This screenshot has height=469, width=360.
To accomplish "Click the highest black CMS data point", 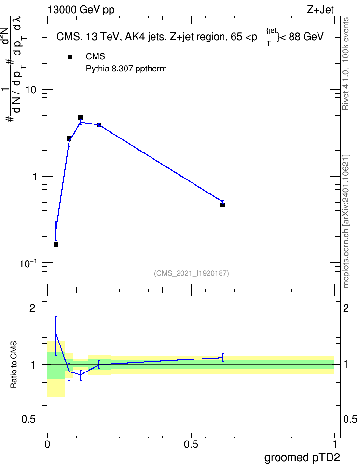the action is pos(81,117).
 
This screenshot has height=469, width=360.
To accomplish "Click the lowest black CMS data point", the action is pos(56,245).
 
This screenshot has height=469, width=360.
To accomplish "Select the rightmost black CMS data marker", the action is pos(222,205).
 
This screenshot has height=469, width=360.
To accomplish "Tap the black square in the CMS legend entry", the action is pos(70,57).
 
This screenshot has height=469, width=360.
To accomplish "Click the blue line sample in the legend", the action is pos(70,69).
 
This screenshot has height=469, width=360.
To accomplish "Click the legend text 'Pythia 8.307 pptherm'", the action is pos(126,69).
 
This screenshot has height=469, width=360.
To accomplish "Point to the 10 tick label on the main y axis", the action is pos(31,89).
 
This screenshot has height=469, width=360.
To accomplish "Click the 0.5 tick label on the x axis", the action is pos(191,444).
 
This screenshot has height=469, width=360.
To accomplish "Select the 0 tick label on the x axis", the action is pos(47,444).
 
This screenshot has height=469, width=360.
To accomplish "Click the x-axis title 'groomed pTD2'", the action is pos(302,458).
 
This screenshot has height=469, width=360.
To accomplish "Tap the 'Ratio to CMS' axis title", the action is pos(14,365).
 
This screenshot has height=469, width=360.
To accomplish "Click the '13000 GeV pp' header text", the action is pos(81,10).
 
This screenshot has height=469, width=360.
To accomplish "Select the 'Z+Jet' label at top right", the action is pos(320,10).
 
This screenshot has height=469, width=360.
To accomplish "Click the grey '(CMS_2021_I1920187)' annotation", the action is pos(192,273).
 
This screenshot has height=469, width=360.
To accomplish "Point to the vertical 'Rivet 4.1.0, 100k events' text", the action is pos(346,64).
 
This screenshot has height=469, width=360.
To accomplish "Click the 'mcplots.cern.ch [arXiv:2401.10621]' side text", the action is pos(346,221).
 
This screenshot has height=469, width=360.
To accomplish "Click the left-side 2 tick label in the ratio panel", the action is pos(32,308).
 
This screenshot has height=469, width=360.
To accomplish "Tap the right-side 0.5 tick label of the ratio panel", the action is pos(350,419).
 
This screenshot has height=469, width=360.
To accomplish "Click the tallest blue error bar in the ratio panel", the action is pos(56,336).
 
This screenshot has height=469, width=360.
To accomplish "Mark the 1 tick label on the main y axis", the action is pos(35,177).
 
